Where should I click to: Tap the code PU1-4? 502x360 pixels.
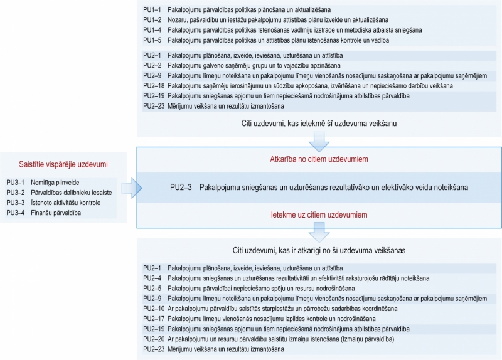pos(152,29)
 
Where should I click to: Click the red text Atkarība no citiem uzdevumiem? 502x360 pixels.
pos(319,159)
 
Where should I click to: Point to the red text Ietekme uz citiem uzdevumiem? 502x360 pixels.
pos(319,215)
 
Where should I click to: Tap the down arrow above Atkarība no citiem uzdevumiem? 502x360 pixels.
pos(319,143)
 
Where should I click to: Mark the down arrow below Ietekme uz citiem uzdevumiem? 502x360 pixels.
pos(319,233)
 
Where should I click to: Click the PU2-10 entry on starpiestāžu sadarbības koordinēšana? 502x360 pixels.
pos(283,308)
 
